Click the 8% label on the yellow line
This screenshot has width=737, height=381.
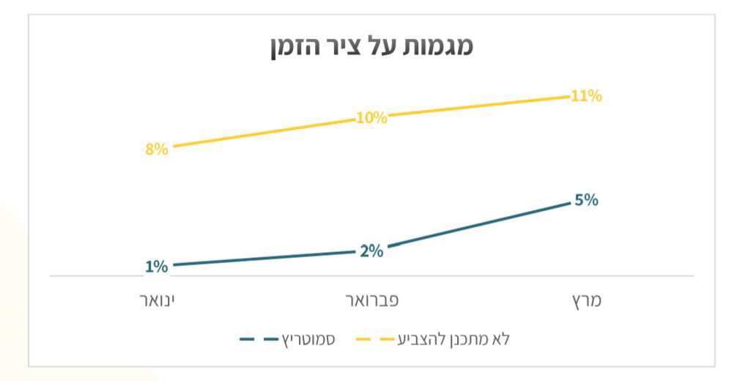[157, 149]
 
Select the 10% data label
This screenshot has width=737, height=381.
[371, 118]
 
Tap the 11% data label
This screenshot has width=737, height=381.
[586, 96]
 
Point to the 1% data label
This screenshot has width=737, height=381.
[156, 267]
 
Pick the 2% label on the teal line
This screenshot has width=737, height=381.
[371, 251]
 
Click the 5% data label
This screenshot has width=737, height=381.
[586, 199]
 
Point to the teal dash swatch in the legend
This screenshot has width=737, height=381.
[259, 339]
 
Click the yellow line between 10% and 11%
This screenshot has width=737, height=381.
[476, 107]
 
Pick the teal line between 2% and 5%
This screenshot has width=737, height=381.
[476, 226]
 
